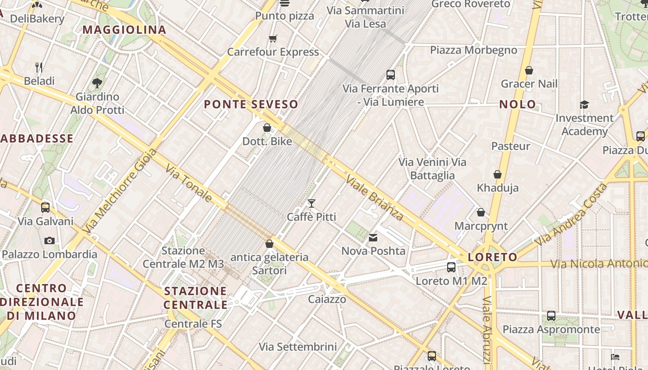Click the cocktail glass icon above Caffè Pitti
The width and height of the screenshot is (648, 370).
click(312, 203)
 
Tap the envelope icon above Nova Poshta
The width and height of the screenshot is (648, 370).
click(373, 238)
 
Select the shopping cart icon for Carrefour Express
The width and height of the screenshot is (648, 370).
click(273, 38)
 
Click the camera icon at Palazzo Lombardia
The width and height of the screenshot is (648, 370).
click(50, 240)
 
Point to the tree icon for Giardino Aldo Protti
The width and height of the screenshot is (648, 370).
click(97, 83)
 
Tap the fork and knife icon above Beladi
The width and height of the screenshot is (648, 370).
click(39, 68)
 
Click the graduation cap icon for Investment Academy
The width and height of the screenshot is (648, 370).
click(584, 105)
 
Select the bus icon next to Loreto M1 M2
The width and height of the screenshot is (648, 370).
click(451, 267)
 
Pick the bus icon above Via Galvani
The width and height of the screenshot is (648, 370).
click(45, 207)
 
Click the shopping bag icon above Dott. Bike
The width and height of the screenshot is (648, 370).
click(267, 128)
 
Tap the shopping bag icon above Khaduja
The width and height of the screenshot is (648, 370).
click(498, 174)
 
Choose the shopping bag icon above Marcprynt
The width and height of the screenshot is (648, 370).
click(481, 212)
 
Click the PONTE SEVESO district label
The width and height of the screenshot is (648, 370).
click(251, 104)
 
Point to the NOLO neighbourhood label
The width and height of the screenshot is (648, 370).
click(517, 104)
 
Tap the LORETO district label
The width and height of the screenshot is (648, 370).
click(492, 257)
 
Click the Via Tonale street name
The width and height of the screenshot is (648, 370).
click(188, 184)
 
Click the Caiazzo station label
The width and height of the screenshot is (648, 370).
click(327, 299)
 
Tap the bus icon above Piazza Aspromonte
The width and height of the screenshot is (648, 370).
click(551, 316)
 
